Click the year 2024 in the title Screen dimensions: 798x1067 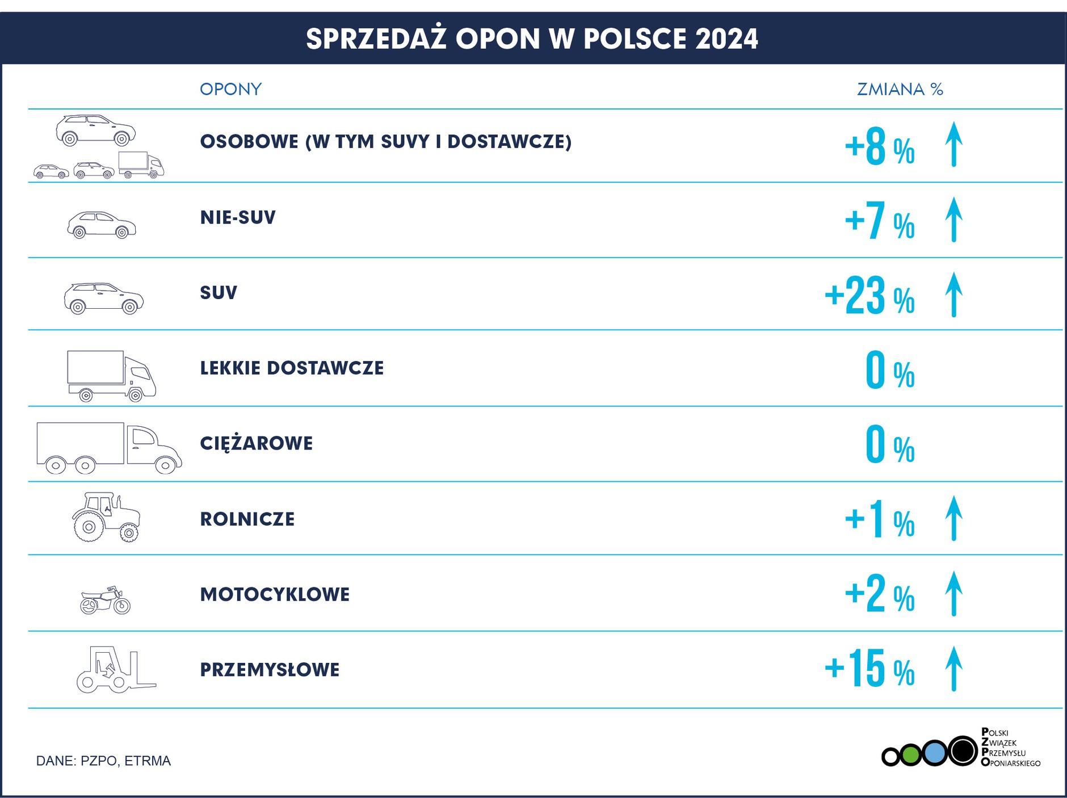coord(726,39)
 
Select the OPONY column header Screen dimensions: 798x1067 coord(230,89)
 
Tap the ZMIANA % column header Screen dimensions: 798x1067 coord(900,89)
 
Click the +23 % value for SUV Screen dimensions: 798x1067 coord(869,296)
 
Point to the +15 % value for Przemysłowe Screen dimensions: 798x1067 coord(869,669)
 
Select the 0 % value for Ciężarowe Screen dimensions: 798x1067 coord(889,446)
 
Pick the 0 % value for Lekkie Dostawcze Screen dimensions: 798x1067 coord(889,371)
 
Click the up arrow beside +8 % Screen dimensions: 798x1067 coord(953,144)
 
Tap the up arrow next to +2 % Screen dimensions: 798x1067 coord(953,594)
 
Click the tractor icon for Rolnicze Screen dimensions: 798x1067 coord(106,517)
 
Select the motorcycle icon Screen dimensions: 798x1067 coord(106,600)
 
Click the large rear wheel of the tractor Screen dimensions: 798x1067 coord(89,527)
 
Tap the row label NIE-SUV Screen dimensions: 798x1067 coord(238,217)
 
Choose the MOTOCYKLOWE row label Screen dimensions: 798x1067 coord(275,594)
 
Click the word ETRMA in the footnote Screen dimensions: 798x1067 coord(148,761)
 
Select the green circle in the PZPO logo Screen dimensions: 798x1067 coord(910,755)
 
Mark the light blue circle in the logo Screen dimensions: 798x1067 coord(934,753)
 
